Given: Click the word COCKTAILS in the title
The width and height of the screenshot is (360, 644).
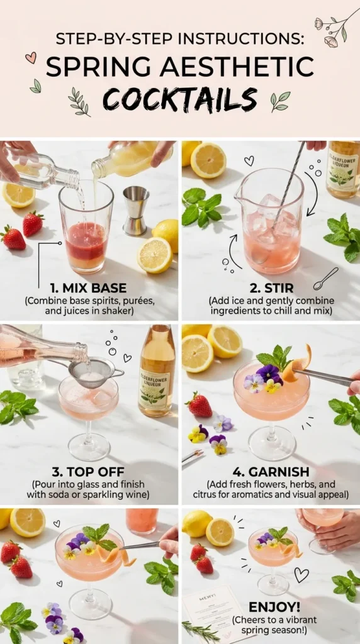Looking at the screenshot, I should click(x=180, y=99).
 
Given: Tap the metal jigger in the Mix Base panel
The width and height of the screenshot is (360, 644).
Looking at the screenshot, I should click(x=136, y=210).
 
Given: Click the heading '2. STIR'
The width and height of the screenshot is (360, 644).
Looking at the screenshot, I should click(x=270, y=289).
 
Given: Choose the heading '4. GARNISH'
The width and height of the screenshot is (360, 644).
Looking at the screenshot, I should click(x=270, y=472).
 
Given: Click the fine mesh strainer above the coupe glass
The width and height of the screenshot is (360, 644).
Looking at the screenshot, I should click(x=92, y=372).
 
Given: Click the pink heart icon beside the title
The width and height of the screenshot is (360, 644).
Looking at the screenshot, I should click(x=30, y=58).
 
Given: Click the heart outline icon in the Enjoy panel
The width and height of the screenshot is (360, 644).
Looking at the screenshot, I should click(x=301, y=574).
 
